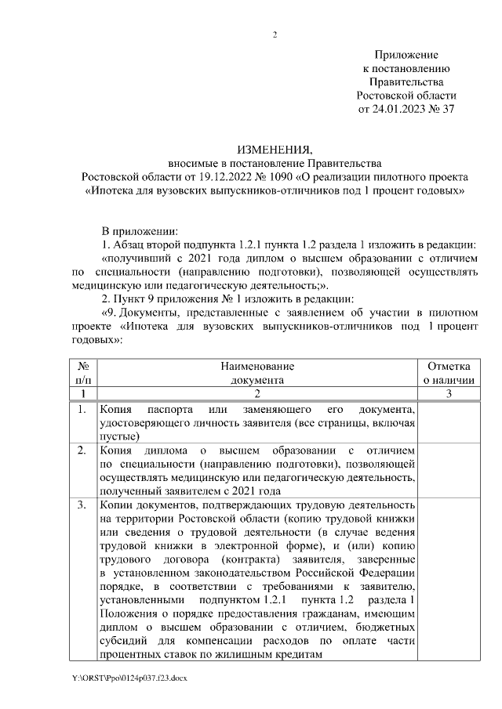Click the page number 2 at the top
[275, 34]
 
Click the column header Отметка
[448, 366]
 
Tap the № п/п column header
[83, 373]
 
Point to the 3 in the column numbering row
[448, 394]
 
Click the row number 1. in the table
[82, 410]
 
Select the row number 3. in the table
[82, 505]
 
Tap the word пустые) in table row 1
[119, 436]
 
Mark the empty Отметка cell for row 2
[448, 470]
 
